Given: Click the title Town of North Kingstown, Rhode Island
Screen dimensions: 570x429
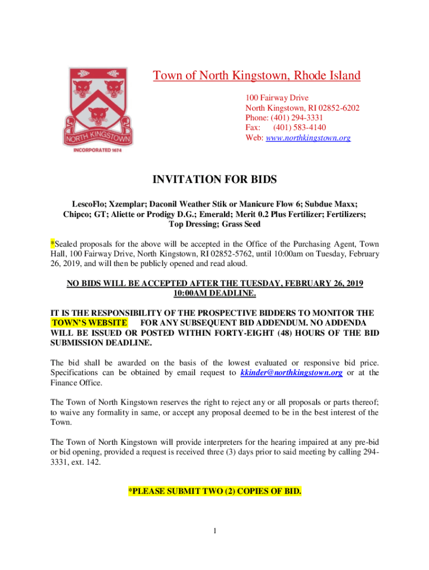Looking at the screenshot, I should click(257, 76).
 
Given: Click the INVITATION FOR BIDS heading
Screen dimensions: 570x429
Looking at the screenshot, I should click(214, 180).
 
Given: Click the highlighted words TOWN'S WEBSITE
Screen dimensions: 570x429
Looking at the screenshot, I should click(89, 323).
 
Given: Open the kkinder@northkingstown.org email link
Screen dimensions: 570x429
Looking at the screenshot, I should click(291, 372).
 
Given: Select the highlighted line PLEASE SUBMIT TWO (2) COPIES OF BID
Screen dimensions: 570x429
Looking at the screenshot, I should click(214, 492).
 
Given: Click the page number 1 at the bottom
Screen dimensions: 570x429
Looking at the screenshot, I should click(214, 530).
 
